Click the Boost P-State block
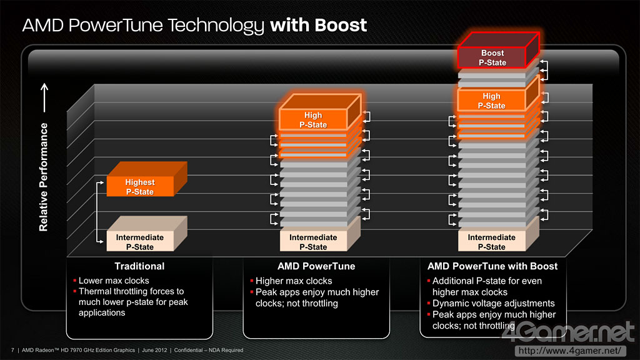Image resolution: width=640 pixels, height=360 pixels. [492, 57]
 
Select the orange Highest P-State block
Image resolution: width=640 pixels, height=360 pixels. [140, 186]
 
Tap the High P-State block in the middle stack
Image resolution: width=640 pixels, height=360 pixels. [313, 119]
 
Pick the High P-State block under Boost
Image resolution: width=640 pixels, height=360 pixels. [491, 101]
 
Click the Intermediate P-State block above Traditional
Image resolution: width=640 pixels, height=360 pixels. [139, 241]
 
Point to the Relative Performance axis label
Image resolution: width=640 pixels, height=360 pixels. [44, 177]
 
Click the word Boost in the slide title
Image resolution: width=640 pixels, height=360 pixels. [341, 26]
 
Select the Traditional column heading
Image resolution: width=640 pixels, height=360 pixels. [139, 266]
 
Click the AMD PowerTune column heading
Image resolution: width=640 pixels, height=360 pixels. [316, 266]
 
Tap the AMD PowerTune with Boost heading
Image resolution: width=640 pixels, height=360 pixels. [492, 266]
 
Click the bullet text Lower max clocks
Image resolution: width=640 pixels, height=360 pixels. [114, 281]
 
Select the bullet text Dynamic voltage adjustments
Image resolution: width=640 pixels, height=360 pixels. [493, 303]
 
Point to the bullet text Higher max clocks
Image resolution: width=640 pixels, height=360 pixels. [294, 281]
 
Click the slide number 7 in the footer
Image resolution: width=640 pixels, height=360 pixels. [12, 350]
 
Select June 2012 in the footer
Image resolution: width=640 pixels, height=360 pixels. [154, 350]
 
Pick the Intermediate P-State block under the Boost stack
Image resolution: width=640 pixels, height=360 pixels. [491, 241]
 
